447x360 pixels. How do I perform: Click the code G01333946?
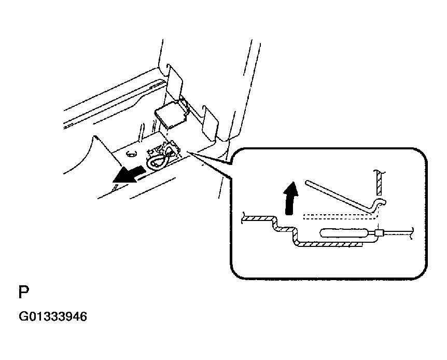[x=53, y=316]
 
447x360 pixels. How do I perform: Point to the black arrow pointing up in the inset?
[x=291, y=198]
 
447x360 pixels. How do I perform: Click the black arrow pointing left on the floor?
[x=129, y=175]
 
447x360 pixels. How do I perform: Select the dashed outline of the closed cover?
[x=339, y=217]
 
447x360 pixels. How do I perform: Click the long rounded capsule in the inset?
[x=344, y=233]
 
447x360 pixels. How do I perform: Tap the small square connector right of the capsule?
[x=379, y=233]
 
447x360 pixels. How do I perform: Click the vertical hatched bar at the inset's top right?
[x=379, y=183]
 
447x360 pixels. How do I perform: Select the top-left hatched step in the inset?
[x=259, y=218]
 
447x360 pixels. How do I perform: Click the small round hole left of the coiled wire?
[x=131, y=154]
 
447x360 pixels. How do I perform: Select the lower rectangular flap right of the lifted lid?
[x=210, y=122]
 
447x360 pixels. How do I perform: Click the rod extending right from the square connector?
[x=397, y=233]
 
